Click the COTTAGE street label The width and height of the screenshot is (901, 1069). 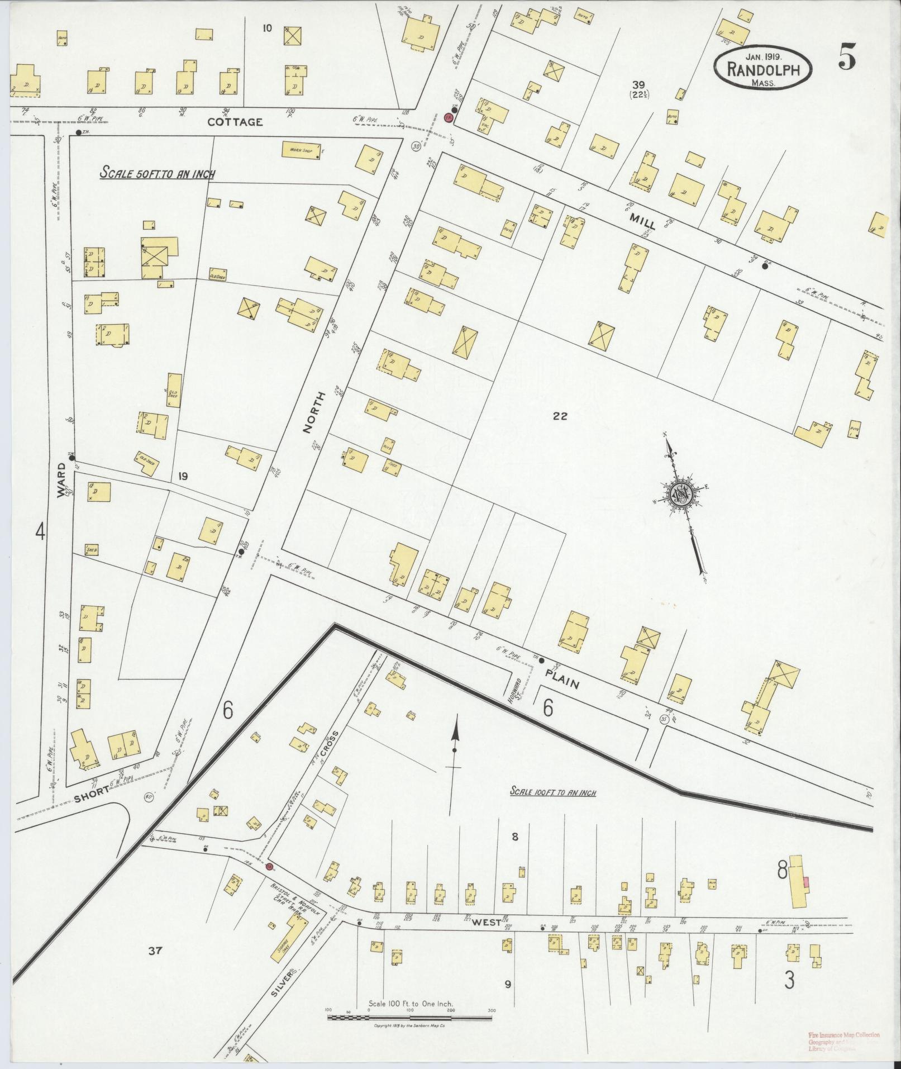[235, 122]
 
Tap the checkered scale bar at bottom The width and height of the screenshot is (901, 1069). [410, 1018]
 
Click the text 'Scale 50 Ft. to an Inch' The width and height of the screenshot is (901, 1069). [158, 174]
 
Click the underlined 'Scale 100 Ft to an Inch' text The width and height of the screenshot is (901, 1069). [553, 792]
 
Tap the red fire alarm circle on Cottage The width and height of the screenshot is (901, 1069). [447, 117]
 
